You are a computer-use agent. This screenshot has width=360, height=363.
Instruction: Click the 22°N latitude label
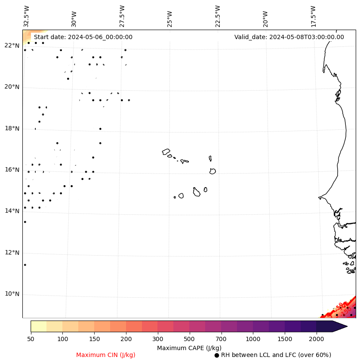[x=12, y=46]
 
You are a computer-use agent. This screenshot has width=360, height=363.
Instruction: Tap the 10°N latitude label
[x=12, y=294]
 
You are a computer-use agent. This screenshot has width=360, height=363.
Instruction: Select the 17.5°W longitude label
[x=313, y=16]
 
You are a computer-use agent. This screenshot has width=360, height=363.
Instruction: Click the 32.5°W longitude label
[x=27, y=16]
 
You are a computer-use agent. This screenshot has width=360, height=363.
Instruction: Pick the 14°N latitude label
[x=12, y=211]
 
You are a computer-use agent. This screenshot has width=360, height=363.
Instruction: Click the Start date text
[x=83, y=37]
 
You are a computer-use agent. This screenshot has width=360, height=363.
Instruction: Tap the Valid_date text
[x=289, y=37]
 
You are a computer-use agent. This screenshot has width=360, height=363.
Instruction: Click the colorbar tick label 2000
[x=317, y=339]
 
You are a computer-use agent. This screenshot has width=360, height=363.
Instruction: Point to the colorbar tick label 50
[x=31, y=339]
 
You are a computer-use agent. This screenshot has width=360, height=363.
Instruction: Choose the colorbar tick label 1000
[x=253, y=339]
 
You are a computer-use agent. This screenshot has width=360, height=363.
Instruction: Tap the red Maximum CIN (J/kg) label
[x=106, y=355]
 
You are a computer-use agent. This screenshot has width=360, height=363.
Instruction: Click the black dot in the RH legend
[x=217, y=355]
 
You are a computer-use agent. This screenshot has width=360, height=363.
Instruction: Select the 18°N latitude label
[x=12, y=129]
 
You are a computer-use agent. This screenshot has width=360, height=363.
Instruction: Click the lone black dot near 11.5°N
[x=25, y=265]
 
